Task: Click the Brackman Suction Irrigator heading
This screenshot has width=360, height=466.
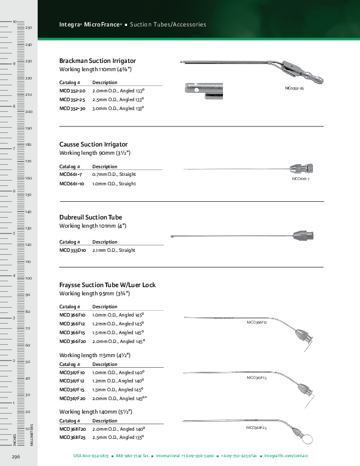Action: click(x=98, y=61)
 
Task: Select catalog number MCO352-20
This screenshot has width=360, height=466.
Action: click(x=72, y=92)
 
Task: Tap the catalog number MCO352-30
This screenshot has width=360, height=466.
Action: click(x=72, y=109)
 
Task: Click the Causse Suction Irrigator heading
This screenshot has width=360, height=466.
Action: click(x=94, y=144)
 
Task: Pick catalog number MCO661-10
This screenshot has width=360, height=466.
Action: click(x=72, y=184)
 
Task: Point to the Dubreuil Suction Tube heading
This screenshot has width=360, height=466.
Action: click(x=91, y=217)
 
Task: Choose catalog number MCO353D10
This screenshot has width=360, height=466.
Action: click(x=73, y=250)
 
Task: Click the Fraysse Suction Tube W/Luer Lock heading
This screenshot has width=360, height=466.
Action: click(x=108, y=285)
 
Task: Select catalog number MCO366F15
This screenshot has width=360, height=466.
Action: click(x=72, y=332)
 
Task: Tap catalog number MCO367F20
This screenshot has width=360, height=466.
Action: click(x=72, y=398)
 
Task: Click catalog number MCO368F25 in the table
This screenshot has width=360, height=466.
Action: click(x=72, y=437)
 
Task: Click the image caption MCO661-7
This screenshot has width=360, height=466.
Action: click(x=301, y=178)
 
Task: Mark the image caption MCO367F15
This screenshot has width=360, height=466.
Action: click(x=257, y=377)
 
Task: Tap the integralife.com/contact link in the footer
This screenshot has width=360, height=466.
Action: click(x=286, y=456)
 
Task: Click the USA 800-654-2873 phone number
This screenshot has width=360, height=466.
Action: click(x=91, y=456)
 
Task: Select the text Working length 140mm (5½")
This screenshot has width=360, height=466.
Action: click(x=95, y=412)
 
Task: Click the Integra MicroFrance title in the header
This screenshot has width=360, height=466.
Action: click(x=91, y=25)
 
